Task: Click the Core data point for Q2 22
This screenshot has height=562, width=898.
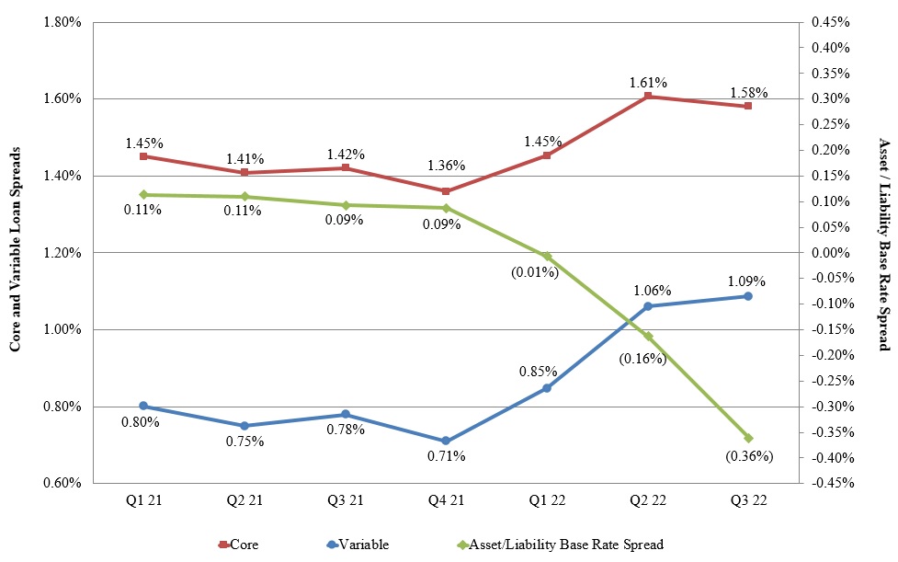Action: (648, 96)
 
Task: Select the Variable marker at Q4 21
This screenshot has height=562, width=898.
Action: (446, 442)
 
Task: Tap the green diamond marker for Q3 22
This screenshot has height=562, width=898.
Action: (748, 438)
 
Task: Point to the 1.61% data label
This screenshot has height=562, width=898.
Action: (648, 82)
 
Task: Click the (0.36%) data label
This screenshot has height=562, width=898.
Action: (748, 455)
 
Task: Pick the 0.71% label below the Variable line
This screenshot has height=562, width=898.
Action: (446, 456)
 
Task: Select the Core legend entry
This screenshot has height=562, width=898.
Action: (238, 545)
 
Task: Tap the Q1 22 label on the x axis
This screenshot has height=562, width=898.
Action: (547, 500)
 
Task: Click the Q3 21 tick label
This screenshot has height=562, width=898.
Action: (346, 500)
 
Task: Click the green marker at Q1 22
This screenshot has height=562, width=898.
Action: (547, 256)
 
